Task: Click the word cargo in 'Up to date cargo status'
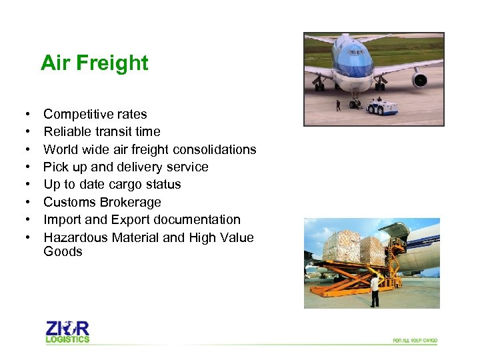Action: (126, 185)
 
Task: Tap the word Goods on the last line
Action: (63, 251)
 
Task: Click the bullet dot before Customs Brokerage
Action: (23, 202)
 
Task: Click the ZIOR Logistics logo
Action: (67, 331)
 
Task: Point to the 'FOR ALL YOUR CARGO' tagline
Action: (415, 341)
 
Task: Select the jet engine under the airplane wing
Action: (420, 81)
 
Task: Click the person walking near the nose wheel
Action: (338, 105)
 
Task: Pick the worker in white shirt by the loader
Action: (375, 290)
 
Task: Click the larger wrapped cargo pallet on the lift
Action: (341, 246)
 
